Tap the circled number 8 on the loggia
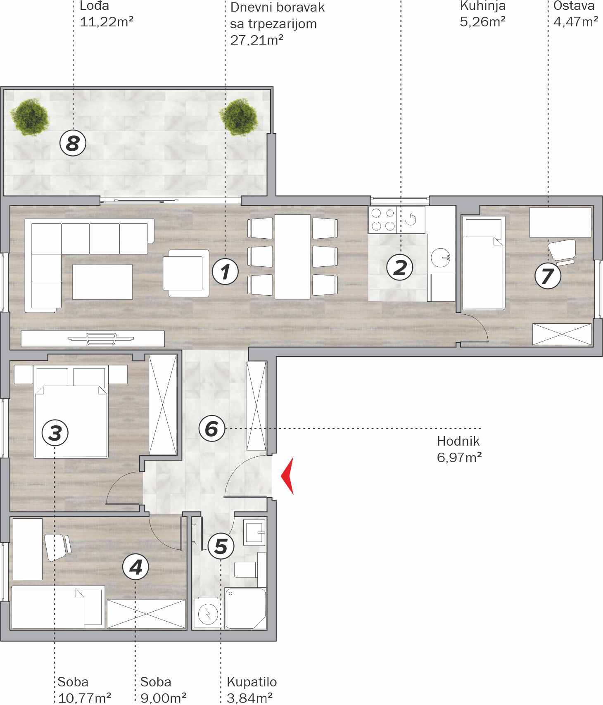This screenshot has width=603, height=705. pos(73,143)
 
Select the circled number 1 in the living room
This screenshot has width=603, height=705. pos(225,272)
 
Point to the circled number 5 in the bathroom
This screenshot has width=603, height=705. pos(221,546)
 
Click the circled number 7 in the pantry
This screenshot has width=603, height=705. pos(548,275)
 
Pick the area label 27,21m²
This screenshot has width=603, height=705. pos(257,40)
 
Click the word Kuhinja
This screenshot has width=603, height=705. pos(483,6)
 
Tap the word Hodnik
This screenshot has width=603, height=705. pos(458,441)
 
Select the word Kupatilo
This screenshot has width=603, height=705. pos(252,682)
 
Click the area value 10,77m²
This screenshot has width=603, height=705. pos(85,698)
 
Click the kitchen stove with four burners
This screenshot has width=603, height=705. pos(382,220)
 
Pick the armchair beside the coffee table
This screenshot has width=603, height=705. pos(186,273)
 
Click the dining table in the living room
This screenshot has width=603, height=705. pos(292,256)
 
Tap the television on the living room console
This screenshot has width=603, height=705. pos(101,339)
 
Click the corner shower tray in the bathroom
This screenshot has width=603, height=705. pos(245,609)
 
